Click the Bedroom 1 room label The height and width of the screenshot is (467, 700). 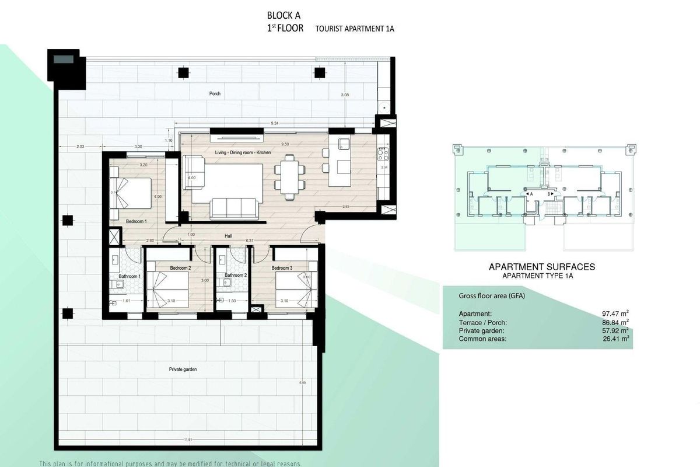(136, 222)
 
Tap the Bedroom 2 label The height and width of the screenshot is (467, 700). (180, 268)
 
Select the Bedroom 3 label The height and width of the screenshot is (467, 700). (282, 268)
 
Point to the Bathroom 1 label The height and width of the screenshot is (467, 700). (129, 276)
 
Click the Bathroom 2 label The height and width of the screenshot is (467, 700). (236, 275)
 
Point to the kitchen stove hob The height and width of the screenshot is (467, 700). (383, 154)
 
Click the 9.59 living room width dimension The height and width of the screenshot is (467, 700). (285, 144)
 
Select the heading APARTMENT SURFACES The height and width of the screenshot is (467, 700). (541, 267)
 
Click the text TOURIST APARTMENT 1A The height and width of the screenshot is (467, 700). (355, 29)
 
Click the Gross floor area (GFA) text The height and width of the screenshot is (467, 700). (492, 296)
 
